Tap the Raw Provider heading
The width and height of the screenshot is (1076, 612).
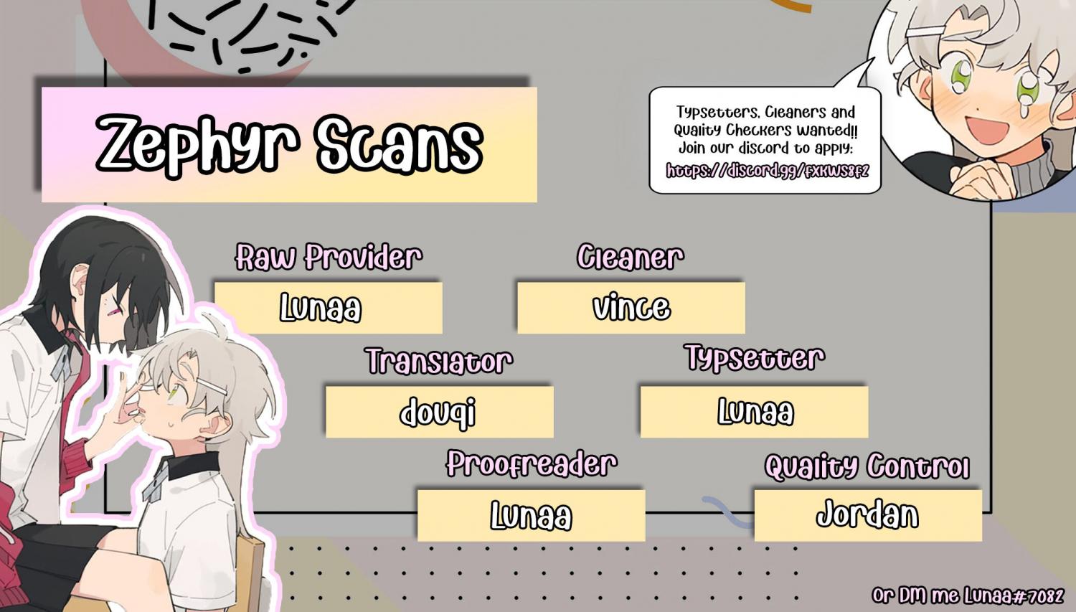pyautogui.click(x=329, y=257)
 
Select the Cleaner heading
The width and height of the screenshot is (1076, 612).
pyautogui.click(x=631, y=257)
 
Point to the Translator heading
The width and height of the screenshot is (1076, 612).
pyautogui.click(x=438, y=361)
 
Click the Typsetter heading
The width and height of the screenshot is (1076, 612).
pyautogui.click(x=755, y=358)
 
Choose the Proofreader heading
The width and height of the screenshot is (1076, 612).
pyautogui.click(x=532, y=464)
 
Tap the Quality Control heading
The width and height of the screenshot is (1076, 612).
pyautogui.click(x=867, y=466)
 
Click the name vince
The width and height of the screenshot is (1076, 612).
pyautogui.click(x=631, y=308)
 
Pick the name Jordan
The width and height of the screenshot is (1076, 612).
pyautogui.click(x=867, y=514)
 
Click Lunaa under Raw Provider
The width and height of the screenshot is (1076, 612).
pyautogui.click(x=321, y=308)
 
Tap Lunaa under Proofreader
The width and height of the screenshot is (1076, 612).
pyautogui.click(x=531, y=515)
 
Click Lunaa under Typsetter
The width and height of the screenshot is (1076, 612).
pyautogui.click(x=755, y=411)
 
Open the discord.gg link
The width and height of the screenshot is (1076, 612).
pyautogui.click(x=767, y=171)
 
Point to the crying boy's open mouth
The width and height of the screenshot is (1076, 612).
pyautogui.click(x=988, y=128)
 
